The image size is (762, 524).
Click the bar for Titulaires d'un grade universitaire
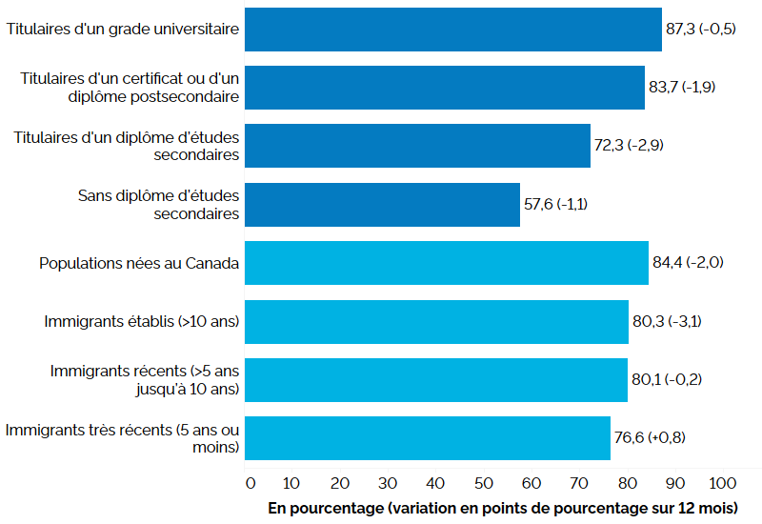click(x=452, y=30)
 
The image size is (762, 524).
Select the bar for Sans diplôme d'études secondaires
click(x=382, y=205)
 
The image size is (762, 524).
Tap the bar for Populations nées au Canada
click(x=446, y=263)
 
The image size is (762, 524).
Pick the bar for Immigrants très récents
click(x=427, y=438)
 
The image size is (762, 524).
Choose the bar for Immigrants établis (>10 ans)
click(x=436, y=322)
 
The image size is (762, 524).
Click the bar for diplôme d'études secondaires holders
click(x=417, y=146)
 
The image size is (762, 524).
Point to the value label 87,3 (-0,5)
click(x=700, y=30)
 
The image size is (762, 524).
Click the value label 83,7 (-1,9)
click(x=683, y=88)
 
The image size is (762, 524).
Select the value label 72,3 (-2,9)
click(x=629, y=146)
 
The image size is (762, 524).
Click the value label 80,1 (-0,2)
click(x=667, y=380)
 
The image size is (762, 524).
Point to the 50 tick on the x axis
click(x=484, y=479)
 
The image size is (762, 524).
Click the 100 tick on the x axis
click(x=721, y=479)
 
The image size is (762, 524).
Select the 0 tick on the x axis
click(x=251, y=479)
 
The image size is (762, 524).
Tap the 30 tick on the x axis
click(x=389, y=479)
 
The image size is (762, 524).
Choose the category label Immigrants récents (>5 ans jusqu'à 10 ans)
click(x=144, y=380)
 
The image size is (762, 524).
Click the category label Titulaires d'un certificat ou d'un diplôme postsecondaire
click(x=130, y=88)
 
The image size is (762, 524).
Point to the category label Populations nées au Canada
click(x=139, y=264)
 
